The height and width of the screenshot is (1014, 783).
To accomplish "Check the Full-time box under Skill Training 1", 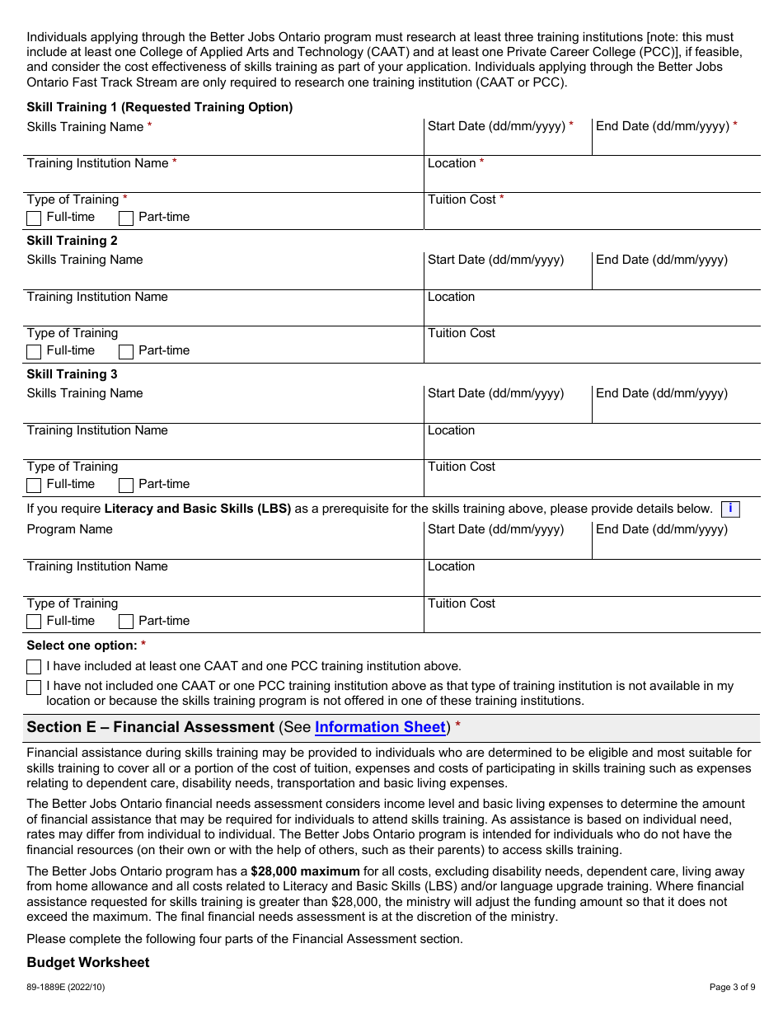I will [34, 218].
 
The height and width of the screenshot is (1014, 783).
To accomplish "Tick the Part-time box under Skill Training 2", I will [126, 352].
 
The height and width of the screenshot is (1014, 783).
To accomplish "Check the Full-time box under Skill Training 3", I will [34, 486].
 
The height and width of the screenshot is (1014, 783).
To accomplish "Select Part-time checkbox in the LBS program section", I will [126, 622].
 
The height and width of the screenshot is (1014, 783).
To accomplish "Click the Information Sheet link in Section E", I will [380, 727].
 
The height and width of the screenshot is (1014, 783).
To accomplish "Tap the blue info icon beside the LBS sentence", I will [730, 509].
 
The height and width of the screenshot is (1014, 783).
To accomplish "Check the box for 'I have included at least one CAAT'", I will [34, 667].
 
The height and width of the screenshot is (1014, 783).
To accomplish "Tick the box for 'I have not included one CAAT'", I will [34, 688].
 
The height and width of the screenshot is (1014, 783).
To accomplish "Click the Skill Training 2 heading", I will [73, 241].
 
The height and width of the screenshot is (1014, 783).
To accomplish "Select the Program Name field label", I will [70, 529].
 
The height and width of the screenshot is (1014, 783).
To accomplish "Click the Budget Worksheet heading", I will [88, 963].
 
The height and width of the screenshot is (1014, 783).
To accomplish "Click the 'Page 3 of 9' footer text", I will [732, 987].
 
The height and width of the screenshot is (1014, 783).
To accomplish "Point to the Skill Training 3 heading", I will [73, 374].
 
